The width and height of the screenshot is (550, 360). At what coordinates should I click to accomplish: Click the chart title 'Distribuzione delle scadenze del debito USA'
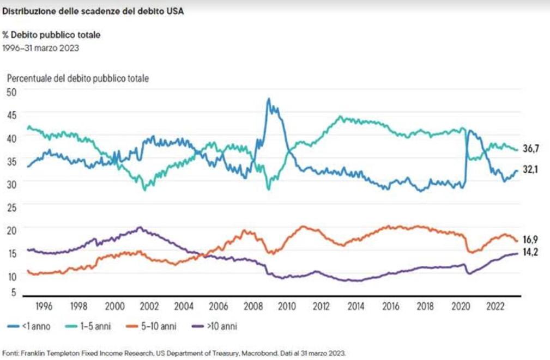[x=93, y=11]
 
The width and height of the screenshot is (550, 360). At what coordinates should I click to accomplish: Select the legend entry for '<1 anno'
[x=29, y=326]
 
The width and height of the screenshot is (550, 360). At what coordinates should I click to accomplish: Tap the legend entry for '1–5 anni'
[x=88, y=326]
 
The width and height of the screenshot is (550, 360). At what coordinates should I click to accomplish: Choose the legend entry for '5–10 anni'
[x=151, y=326]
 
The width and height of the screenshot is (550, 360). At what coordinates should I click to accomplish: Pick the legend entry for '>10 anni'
[x=215, y=326]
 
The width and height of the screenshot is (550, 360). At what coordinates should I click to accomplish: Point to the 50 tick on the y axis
[x=11, y=92]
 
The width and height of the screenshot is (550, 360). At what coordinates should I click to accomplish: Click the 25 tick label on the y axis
[x=11, y=208]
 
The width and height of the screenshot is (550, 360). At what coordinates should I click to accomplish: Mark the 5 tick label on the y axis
[x=14, y=292]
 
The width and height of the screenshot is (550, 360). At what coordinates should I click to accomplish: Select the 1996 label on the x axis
[x=44, y=307]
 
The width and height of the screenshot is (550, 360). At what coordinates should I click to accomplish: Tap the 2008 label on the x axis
[x=253, y=307]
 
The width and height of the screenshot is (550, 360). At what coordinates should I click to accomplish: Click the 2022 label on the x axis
[x=495, y=307]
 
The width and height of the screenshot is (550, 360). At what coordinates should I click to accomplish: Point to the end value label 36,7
[x=531, y=149]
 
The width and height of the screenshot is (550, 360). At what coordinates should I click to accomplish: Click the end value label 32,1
[x=530, y=170]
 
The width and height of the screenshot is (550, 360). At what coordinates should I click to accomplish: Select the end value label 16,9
[x=530, y=240]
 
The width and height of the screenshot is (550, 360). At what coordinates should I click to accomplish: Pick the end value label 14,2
[x=530, y=252]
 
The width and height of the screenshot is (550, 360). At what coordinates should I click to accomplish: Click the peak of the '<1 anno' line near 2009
[x=269, y=99]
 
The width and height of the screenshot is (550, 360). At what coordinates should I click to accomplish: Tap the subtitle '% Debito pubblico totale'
[x=51, y=35]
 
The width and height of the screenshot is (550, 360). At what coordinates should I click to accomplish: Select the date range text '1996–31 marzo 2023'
[x=41, y=48]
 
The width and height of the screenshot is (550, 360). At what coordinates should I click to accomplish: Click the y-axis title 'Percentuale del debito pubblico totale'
[x=78, y=78]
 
